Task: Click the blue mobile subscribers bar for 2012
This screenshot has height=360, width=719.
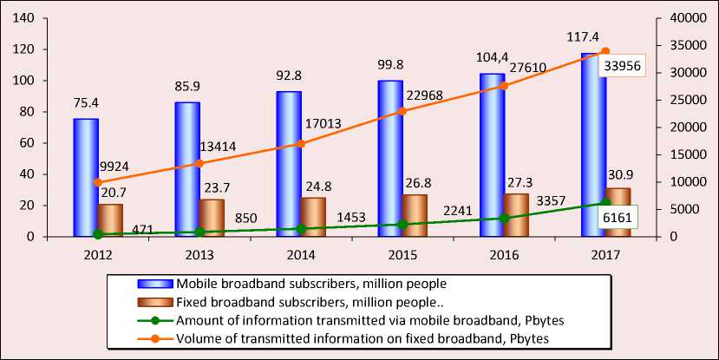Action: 86,178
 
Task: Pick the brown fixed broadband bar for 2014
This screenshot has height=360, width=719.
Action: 314,217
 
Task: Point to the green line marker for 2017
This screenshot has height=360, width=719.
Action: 605,203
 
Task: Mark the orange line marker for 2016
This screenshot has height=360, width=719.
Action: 504,86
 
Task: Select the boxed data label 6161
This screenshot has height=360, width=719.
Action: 618,219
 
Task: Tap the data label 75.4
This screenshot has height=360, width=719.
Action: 85,106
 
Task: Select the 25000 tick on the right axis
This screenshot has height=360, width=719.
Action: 677,100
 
